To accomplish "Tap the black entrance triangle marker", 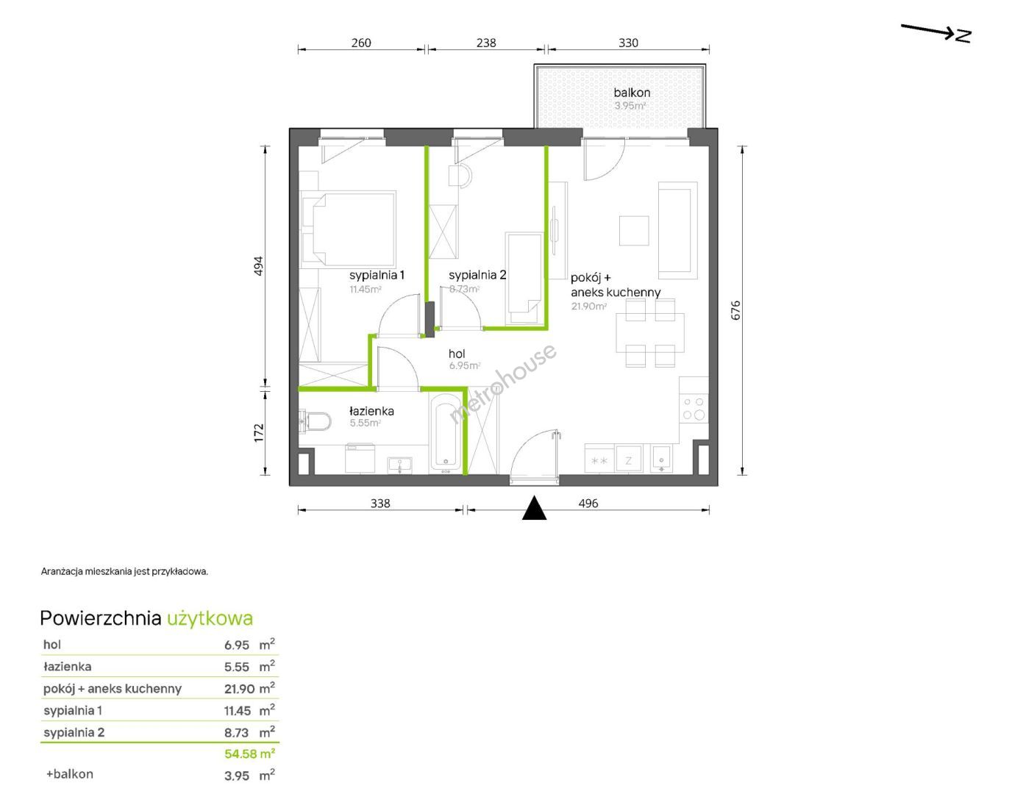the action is (x=534, y=507).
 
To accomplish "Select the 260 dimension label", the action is (x=361, y=43).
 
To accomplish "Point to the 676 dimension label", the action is (x=735, y=310).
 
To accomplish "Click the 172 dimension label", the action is (x=259, y=432).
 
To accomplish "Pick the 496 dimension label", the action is (x=588, y=503).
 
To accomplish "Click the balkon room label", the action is (x=632, y=92).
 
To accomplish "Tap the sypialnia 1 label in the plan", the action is (x=377, y=275).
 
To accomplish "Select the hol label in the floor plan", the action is (x=457, y=354).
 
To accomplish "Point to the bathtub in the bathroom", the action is (x=446, y=431).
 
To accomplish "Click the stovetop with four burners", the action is (x=694, y=408).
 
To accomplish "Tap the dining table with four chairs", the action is (x=650, y=333).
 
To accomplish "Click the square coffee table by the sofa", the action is (x=634, y=230).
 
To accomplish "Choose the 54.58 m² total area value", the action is (x=249, y=754).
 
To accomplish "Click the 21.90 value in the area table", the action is (x=239, y=689).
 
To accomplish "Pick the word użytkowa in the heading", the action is (x=210, y=618).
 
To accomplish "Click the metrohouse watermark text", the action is (x=503, y=384).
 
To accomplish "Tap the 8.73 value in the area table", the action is (x=237, y=733).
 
